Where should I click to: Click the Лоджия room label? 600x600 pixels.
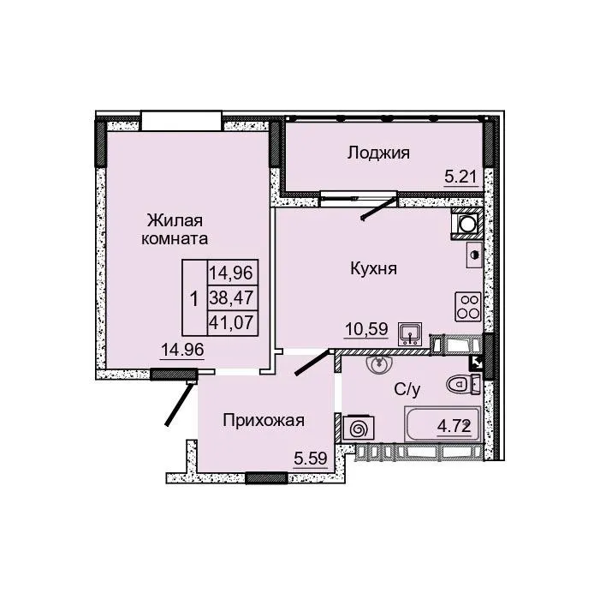[x=378, y=153]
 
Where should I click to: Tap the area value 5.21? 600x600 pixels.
[x=460, y=177]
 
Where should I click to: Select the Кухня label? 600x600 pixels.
[x=373, y=268]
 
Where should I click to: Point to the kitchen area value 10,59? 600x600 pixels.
[x=366, y=329]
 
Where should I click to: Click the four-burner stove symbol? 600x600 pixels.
[x=467, y=307]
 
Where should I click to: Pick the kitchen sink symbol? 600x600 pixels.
[x=410, y=333]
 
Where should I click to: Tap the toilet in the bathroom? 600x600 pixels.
[x=463, y=384]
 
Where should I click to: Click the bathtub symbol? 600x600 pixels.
[x=443, y=424]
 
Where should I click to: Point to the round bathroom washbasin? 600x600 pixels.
[x=379, y=364]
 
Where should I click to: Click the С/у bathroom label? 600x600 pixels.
[x=407, y=390]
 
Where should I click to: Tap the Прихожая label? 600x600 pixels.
[x=264, y=421]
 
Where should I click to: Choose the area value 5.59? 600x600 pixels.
[x=311, y=459]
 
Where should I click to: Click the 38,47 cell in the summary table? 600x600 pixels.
[x=232, y=297]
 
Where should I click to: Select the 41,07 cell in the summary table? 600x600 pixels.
[x=232, y=323]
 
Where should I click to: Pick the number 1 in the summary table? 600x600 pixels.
[x=194, y=299]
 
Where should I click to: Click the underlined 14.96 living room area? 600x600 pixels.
[x=182, y=350]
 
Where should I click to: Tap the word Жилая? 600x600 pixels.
[x=175, y=221]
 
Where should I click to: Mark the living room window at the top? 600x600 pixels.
[x=181, y=121]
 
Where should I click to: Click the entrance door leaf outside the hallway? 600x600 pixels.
[x=178, y=404]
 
